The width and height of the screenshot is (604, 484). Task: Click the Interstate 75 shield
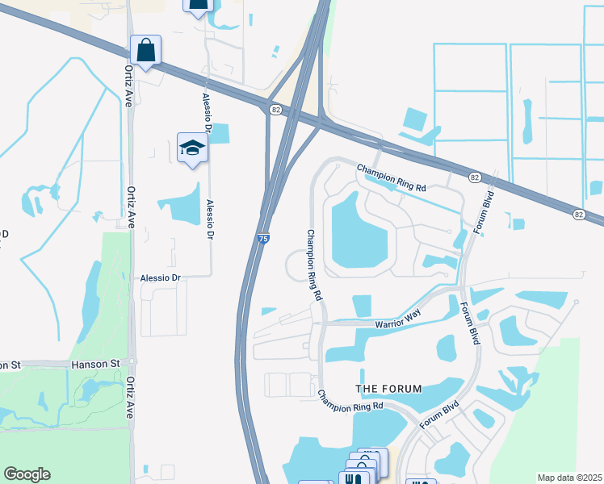263,239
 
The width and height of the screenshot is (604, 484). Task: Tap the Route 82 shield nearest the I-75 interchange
276,110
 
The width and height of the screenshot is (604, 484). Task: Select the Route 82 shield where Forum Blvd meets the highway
473,176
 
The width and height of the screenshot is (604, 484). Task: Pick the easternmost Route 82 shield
579,214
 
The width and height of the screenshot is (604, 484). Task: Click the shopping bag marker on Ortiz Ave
146,51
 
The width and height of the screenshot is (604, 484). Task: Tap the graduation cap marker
192,148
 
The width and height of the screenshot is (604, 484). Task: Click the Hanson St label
95,365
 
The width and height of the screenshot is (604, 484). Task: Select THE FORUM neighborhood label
389,389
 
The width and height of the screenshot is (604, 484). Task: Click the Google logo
27,474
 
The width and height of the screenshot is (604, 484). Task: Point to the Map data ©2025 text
569,478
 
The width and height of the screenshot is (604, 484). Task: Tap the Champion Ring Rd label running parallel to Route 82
392,177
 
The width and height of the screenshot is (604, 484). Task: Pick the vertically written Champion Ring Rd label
313,265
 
